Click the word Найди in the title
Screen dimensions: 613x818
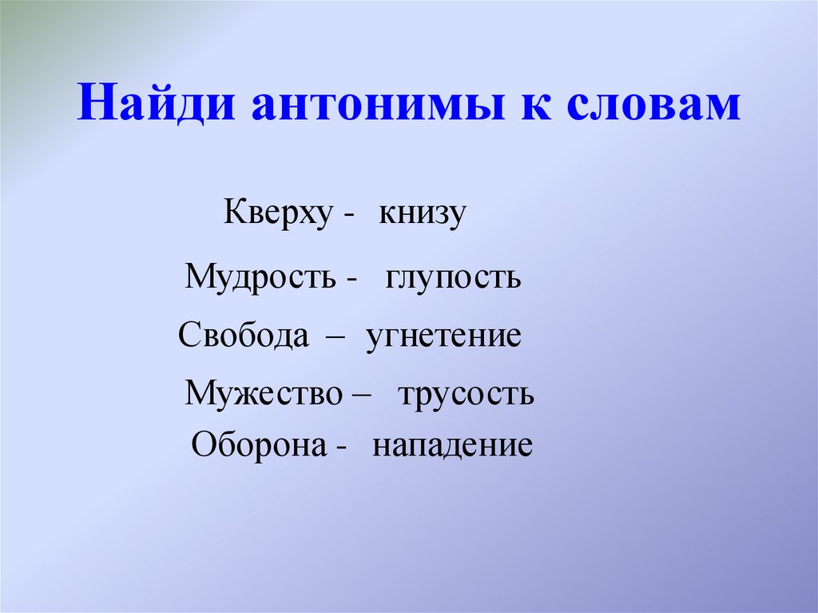point(157,106)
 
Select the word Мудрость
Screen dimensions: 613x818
point(260,277)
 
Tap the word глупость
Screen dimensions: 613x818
point(453,277)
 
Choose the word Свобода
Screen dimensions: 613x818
point(244,335)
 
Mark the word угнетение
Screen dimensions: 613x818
point(444,335)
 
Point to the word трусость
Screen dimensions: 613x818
point(466,393)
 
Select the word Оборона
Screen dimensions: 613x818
point(258,444)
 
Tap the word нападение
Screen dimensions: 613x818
point(452,444)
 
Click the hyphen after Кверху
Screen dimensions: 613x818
point(350,218)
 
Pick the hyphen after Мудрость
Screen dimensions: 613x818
point(351,280)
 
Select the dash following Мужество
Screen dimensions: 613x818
point(358,396)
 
